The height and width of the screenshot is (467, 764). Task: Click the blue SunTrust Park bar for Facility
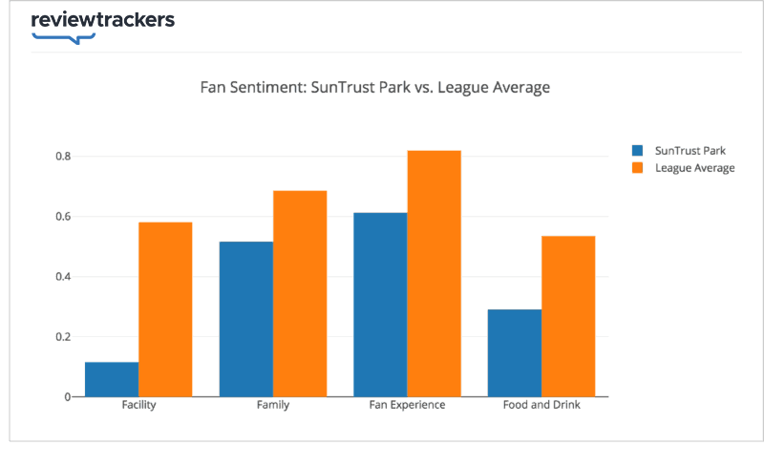point(112,379)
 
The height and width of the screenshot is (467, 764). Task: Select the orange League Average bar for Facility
point(165,309)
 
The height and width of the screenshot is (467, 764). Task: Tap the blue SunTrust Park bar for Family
point(246,319)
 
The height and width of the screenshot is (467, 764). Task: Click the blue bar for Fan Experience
point(380,305)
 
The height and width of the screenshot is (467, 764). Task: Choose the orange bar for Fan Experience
point(435,273)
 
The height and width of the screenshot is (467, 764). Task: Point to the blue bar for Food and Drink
point(515,353)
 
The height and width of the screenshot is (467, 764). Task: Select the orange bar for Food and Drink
point(568,316)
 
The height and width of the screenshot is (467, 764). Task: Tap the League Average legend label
point(694,168)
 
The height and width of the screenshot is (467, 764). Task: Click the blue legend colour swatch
point(638,151)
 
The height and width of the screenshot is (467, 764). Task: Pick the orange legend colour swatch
point(638,168)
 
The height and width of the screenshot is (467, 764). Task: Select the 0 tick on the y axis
point(67,397)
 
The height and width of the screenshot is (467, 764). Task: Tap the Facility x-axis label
point(138,405)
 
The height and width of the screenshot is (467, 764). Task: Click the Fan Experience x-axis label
point(407,405)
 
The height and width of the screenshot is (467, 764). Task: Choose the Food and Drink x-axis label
point(541,405)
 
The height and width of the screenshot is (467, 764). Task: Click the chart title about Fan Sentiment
point(374,88)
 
